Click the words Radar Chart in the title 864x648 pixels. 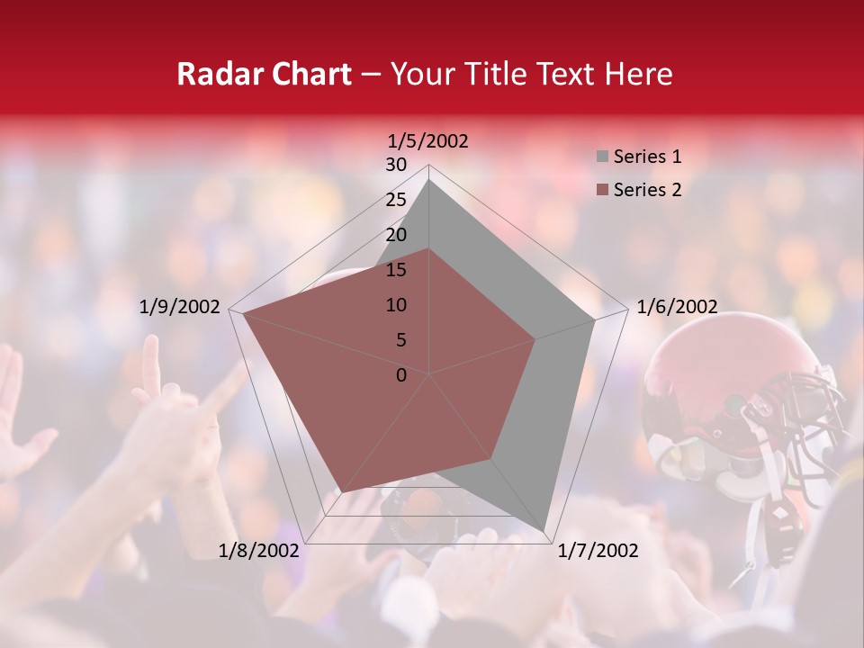264,74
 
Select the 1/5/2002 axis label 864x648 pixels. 427,140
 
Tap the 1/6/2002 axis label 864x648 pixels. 677,307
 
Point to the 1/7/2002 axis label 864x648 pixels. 598,551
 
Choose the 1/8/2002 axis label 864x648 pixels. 259,551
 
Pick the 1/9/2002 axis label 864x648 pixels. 180,307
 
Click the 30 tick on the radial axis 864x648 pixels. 396,165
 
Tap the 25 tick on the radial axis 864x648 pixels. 396,200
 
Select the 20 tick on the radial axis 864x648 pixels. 396,235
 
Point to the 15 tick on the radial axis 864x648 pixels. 396,270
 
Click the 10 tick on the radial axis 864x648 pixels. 396,305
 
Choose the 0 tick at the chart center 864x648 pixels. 401,375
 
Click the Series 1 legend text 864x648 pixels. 647,157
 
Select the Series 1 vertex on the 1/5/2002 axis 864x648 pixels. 429,179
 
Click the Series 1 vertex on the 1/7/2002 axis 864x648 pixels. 544,531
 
